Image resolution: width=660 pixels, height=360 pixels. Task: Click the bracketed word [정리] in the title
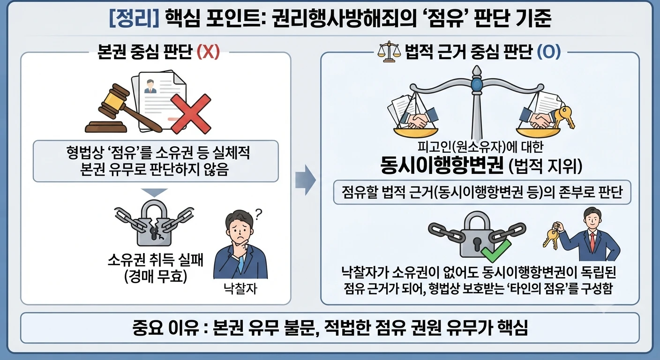[x=134, y=18]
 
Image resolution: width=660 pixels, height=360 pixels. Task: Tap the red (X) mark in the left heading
[x=208, y=52]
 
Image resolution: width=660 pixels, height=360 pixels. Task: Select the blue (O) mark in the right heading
[x=548, y=52]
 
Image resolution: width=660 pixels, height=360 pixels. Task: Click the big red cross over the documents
[x=191, y=114]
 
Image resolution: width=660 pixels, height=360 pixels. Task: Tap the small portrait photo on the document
[x=150, y=86]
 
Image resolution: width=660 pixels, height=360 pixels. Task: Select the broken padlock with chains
[x=154, y=223]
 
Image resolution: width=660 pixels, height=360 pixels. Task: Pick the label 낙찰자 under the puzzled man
[x=240, y=288]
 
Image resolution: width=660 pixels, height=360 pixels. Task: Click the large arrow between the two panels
[x=306, y=180]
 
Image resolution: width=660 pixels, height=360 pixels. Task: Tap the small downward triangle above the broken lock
[x=154, y=193]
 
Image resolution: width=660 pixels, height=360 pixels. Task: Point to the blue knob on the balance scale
[x=476, y=84]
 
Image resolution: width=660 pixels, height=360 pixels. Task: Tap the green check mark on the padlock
[x=496, y=251]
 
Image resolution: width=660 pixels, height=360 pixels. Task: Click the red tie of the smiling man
[x=592, y=242]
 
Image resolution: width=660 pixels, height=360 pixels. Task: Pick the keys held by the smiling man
[x=552, y=235]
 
